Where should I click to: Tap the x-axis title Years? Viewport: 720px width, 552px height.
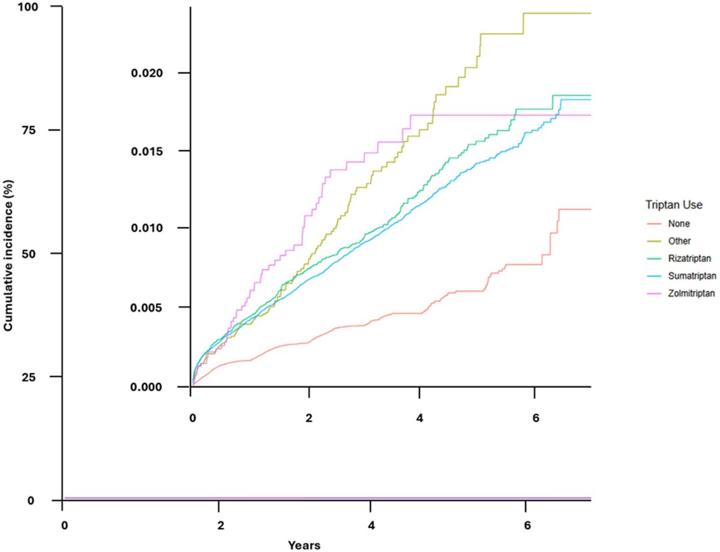[304, 545]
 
